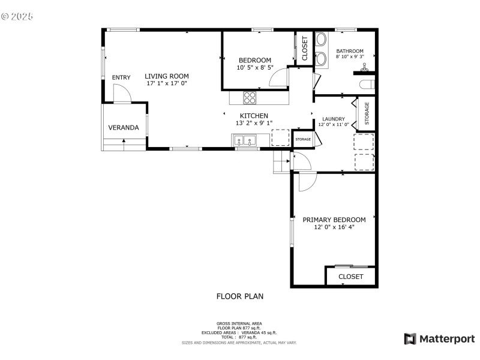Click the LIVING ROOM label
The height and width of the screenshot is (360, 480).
click(166, 76)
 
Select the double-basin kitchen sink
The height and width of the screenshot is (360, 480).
click(245, 142)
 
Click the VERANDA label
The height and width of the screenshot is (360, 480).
click(124, 128)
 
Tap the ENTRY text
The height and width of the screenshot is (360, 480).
click(121, 77)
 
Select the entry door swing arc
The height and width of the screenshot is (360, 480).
click(122, 93)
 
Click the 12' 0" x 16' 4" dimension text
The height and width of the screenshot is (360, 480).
click(334, 227)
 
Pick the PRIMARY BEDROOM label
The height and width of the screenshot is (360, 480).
click(334, 220)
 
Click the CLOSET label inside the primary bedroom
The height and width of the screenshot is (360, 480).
click(351, 277)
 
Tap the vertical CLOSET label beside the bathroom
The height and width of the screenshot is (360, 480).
click(304, 49)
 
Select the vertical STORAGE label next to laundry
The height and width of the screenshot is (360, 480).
click(367, 114)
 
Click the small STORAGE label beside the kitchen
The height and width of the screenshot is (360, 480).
click(303, 139)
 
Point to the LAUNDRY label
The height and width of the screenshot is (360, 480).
click(334, 119)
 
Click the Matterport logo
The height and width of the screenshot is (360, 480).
click(439, 339)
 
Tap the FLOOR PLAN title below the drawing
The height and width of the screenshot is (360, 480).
click(239, 296)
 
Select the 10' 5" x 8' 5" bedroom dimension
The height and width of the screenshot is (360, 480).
click(255, 68)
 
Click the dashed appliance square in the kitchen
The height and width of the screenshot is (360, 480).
click(280, 137)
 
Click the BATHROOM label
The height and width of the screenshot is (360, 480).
click(350, 51)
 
